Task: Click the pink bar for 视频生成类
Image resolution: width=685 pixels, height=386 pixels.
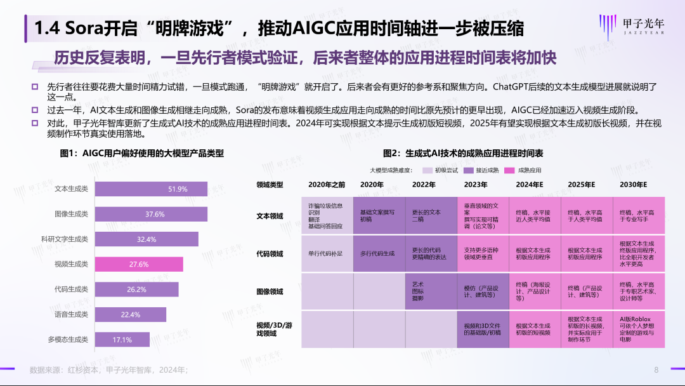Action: pyautogui.click(x=138, y=264)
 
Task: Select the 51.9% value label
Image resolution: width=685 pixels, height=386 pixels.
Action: pyautogui.click(x=178, y=189)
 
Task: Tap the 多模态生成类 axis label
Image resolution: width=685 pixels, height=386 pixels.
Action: pyautogui.click(x=68, y=340)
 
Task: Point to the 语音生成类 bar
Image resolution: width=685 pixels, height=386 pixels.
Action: pyautogui.click(x=130, y=315)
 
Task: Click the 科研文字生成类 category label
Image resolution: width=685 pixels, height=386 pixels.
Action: pyautogui.click(x=64, y=239)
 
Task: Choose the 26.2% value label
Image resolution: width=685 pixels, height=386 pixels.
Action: pyautogui.click(x=136, y=289)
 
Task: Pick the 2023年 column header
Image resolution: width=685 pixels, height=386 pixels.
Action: pyautogui.click(x=475, y=185)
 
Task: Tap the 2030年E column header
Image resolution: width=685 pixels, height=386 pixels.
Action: pyautogui.click(x=633, y=185)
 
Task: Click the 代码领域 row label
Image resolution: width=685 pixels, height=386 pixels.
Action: pyautogui.click(x=270, y=253)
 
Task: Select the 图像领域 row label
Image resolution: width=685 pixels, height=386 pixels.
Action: pyautogui.click(x=270, y=292)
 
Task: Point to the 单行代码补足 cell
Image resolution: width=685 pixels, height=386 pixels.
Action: pyautogui.click(x=325, y=253)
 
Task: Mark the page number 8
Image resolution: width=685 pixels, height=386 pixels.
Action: pyautogui.click(x=656, y=369)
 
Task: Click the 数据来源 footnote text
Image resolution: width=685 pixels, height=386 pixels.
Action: pyautogui.click(x=108, y=369)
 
